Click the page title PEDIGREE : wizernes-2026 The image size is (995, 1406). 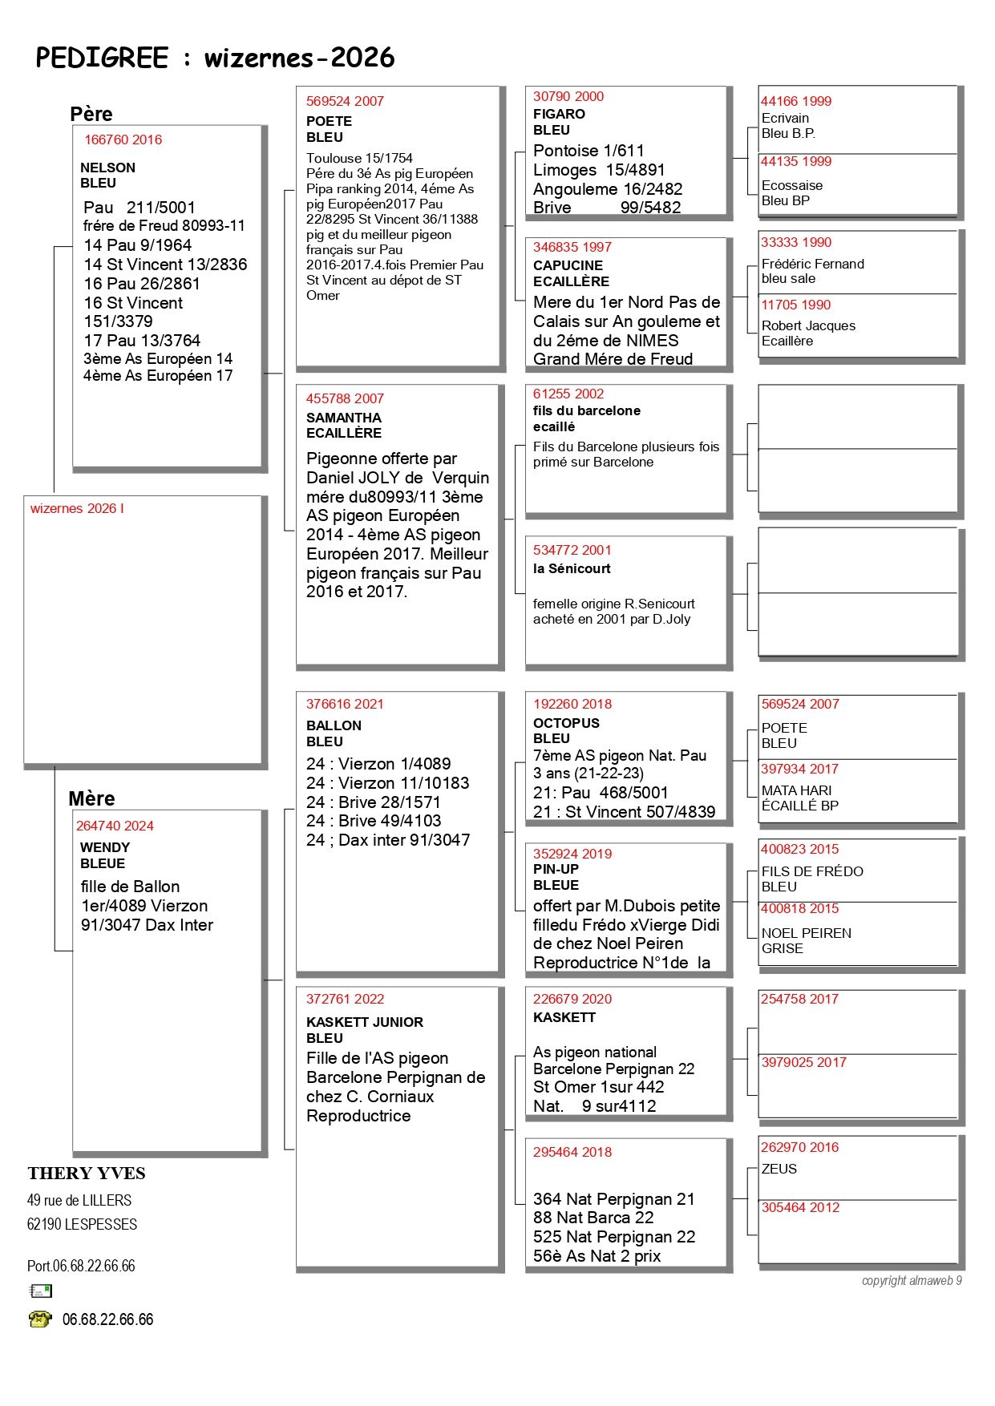(215, 58)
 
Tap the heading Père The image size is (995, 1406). (91, 114)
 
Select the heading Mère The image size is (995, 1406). (91, 798)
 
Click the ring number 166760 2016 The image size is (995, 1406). (123, 139)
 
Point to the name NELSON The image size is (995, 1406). (107, 168)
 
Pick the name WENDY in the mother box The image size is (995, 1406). (105, 847)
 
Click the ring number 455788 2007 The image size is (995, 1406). (345, 398)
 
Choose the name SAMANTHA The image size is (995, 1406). (343, 418)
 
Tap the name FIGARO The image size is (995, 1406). (559, 114)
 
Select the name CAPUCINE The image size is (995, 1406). (568, 265)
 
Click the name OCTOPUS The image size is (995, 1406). (566, 723)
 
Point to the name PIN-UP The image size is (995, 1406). (556, 869)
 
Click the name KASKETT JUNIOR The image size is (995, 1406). (364, 1022)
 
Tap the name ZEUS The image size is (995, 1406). (779, 1169)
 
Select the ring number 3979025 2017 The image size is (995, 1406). (803, 1062)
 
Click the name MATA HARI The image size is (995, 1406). (796, 790)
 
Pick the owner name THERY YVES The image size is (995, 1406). (87, 1174)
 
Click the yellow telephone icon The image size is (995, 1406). (39, 1319)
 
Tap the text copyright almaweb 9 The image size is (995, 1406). (911, 1280)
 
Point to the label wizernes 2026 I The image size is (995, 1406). (77, 508)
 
